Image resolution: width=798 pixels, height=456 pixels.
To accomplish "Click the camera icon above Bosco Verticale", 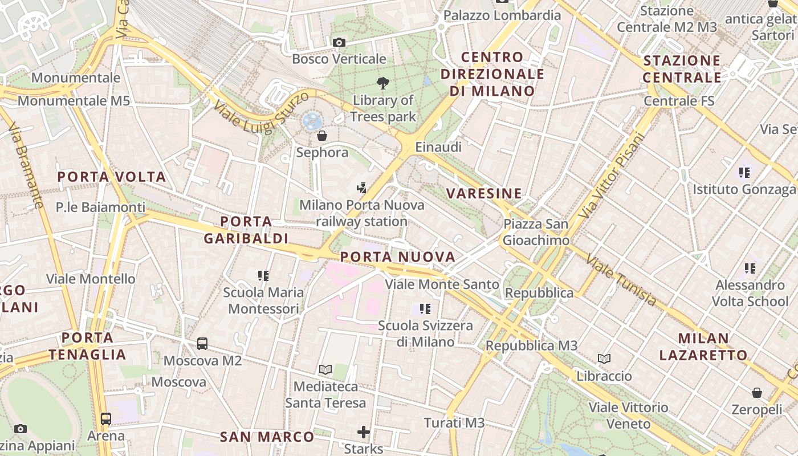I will (339, 43).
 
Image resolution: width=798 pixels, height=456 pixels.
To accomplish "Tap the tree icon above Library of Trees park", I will (383, 83).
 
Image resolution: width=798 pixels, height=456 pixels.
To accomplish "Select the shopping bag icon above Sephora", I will (322, 136).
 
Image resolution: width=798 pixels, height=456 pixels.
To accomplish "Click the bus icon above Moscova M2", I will (202, 344).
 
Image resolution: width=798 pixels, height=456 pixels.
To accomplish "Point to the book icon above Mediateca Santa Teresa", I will (325, 369).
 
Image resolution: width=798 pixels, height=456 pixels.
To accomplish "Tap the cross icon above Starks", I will (364, 432).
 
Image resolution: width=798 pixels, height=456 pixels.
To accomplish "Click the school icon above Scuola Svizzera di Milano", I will (425, 309).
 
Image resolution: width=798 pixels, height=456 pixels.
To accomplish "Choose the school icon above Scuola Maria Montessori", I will (263, 276).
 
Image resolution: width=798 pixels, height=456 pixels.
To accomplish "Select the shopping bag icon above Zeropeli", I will (757, 393).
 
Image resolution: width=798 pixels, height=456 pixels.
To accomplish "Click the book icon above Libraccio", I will (604, 359).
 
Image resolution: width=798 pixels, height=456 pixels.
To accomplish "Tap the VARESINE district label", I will (484, 194).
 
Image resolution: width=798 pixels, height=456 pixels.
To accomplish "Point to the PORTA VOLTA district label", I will (112, 177).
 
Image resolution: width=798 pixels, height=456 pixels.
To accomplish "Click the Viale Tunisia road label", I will (621, 280).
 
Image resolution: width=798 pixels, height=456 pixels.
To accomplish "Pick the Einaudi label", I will (438, 147).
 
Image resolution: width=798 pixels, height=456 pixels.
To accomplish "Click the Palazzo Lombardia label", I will (502, 15).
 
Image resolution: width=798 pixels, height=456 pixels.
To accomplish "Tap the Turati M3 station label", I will (454, 422).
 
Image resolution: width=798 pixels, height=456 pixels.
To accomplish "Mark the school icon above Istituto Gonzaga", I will (744, 172).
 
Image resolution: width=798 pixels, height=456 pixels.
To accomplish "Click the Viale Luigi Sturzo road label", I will (261, 113).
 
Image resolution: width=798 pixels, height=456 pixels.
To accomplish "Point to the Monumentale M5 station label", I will (74, 101).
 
